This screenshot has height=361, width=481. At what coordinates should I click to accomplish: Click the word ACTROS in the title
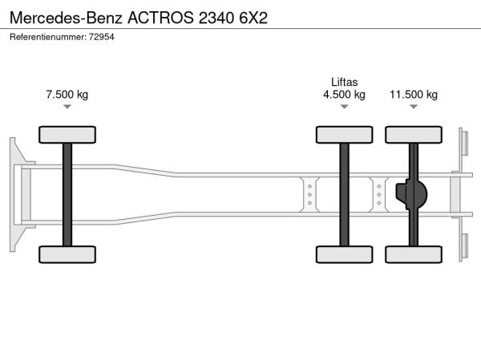(160, 18)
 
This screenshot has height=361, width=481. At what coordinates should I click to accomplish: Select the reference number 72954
(102, 37)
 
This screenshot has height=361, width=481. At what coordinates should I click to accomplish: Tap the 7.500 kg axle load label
(67, 94)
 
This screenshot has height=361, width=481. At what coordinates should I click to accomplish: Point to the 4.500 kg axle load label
(344, 94)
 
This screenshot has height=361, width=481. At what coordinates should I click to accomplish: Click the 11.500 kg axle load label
(414, 94)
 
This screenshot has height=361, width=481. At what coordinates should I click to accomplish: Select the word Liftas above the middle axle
(344, 82)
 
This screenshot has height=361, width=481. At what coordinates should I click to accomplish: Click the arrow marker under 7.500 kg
(67, 107)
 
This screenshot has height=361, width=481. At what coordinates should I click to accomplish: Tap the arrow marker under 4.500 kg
(345, 107)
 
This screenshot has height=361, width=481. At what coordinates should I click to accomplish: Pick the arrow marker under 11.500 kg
(414, 107)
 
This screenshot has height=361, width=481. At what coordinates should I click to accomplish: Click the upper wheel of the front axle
(67, 135)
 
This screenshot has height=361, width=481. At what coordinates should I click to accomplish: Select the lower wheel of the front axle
(67, 254)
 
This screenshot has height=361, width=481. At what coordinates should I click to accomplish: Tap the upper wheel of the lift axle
(345, 135)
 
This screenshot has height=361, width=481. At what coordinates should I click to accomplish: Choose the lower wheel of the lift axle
(345, 254)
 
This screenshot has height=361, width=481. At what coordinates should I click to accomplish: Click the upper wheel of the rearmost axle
(414, 135)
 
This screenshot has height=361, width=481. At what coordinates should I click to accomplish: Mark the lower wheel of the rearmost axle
(414, 254)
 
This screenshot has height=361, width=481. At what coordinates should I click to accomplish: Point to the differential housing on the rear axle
(411, 194)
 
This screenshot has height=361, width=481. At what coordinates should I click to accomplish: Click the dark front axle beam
(67, 195)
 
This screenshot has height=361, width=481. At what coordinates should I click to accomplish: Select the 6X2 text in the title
(253, 18)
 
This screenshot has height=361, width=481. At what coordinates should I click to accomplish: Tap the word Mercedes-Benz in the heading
(66, 18)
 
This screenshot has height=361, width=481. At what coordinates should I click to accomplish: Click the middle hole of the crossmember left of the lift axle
(309, 195)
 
